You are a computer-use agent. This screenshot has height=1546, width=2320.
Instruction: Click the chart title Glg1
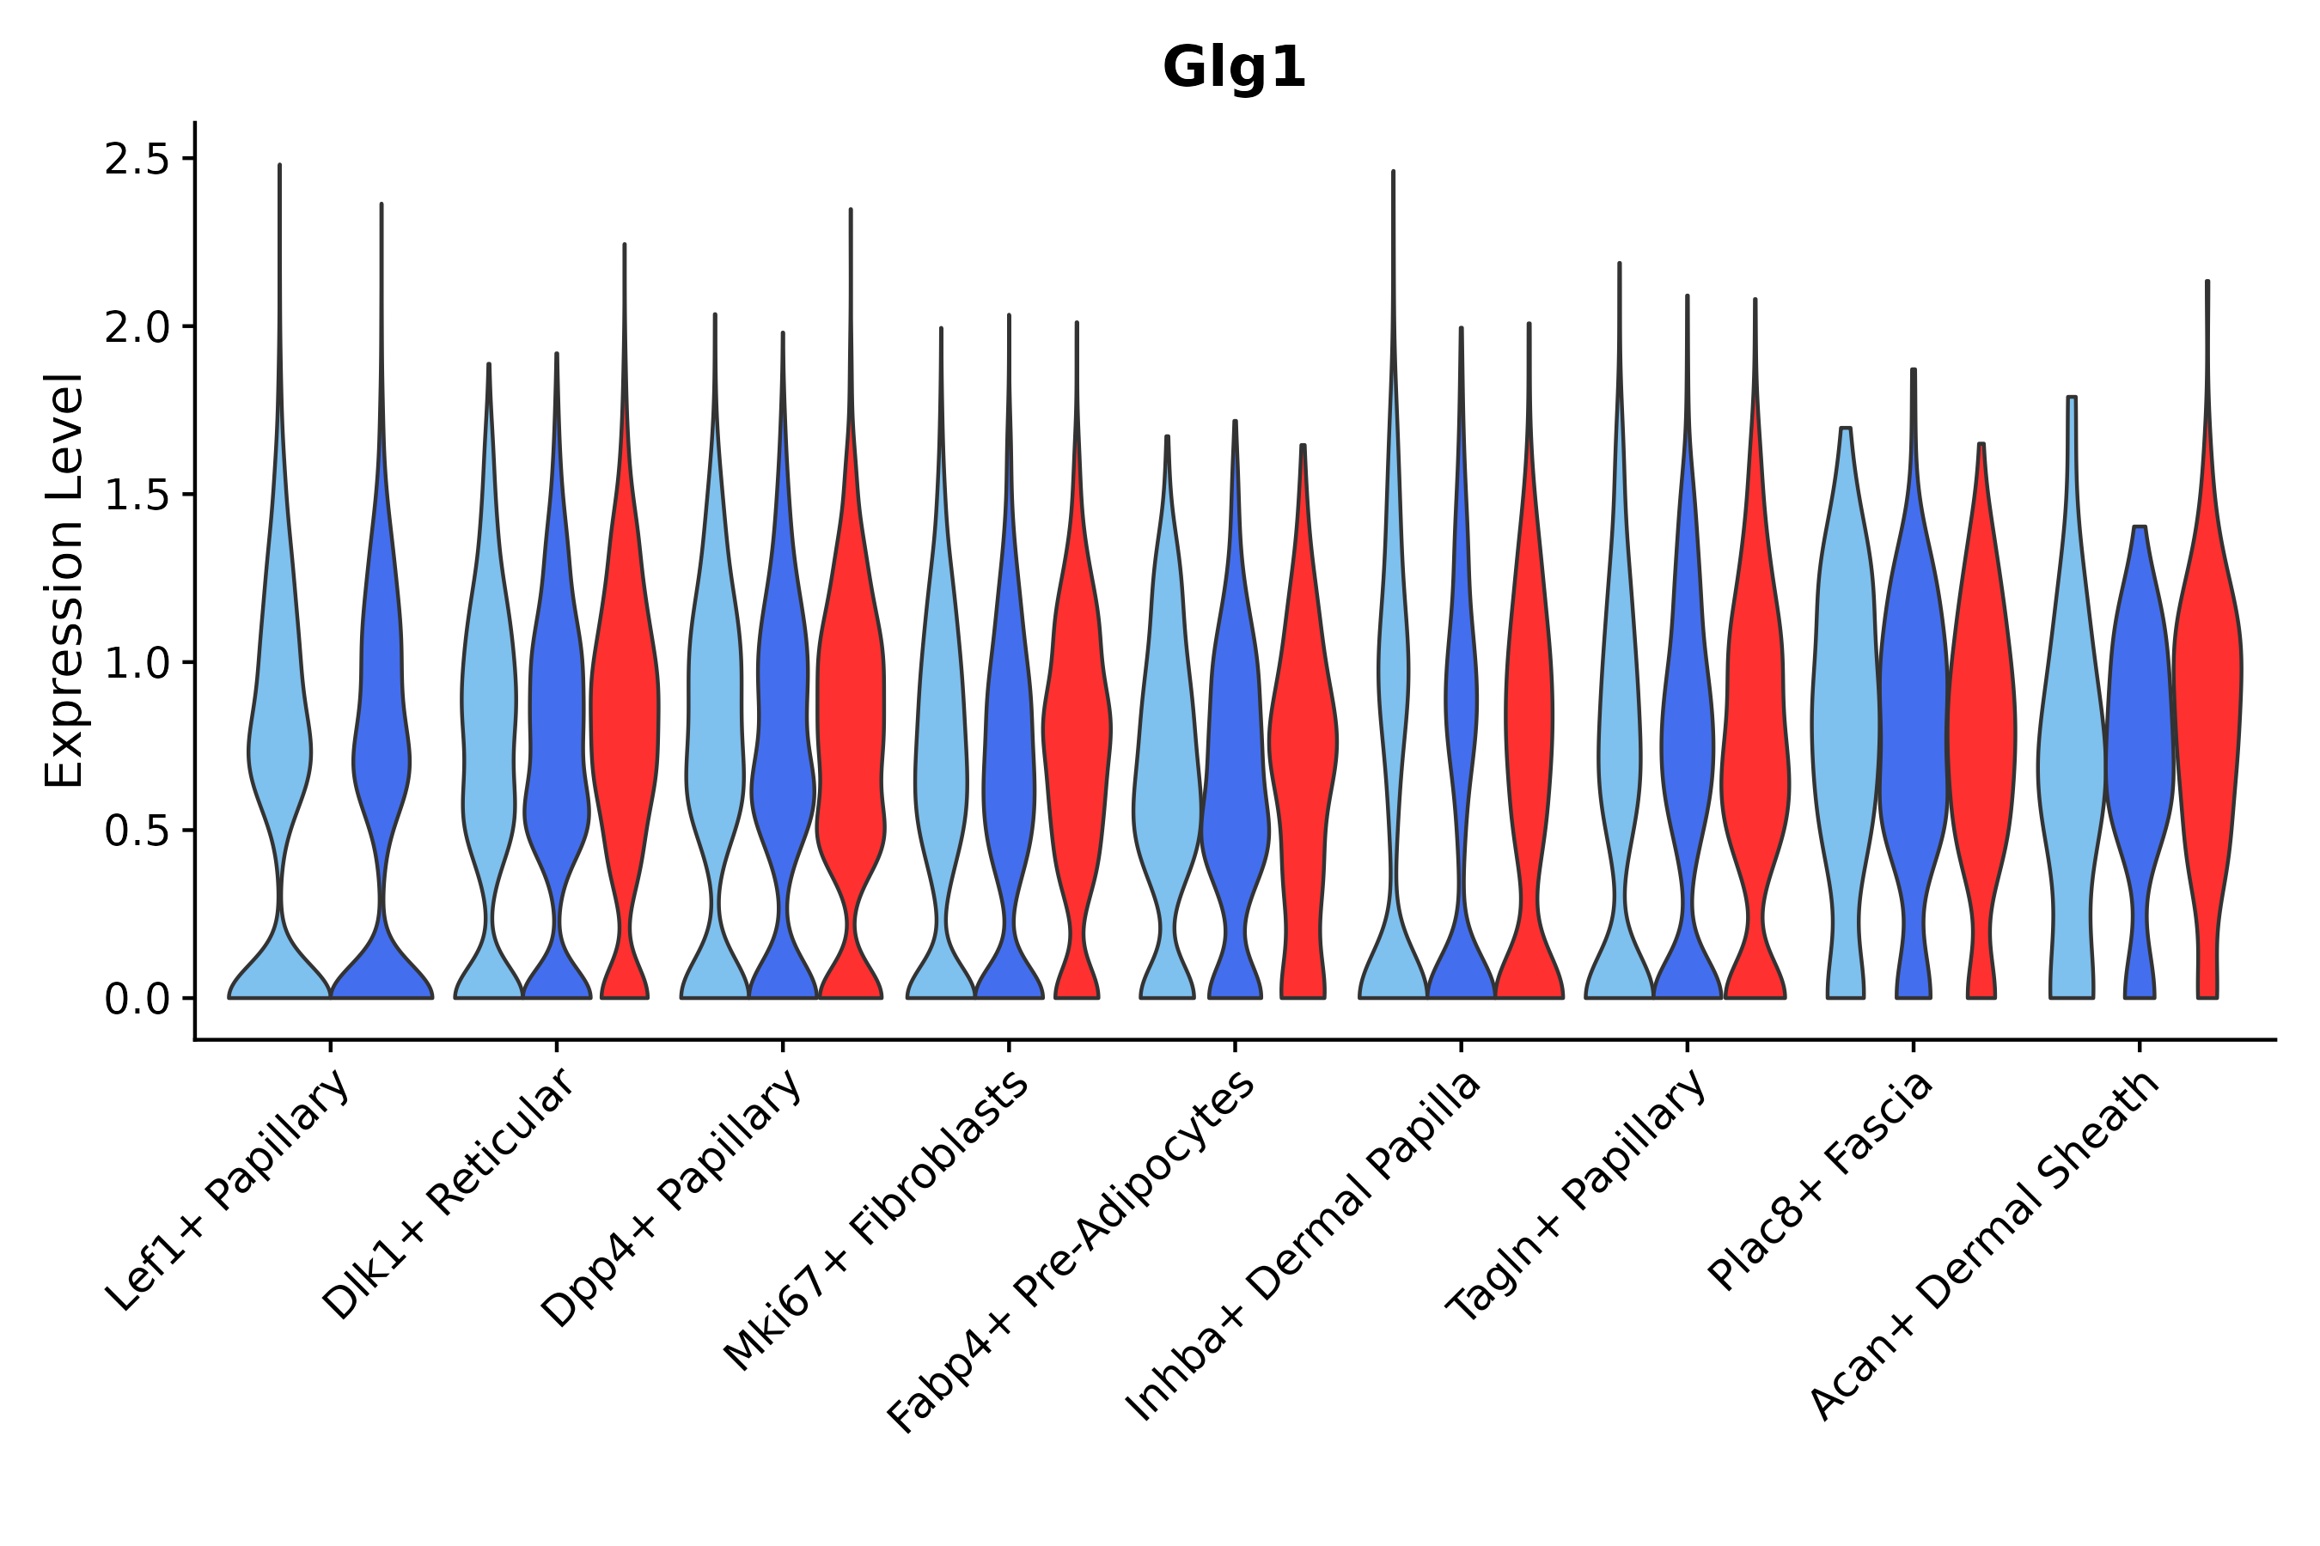tap(1233, 69)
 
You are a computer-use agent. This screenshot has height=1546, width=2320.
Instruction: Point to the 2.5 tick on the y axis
tap(149, 160)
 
